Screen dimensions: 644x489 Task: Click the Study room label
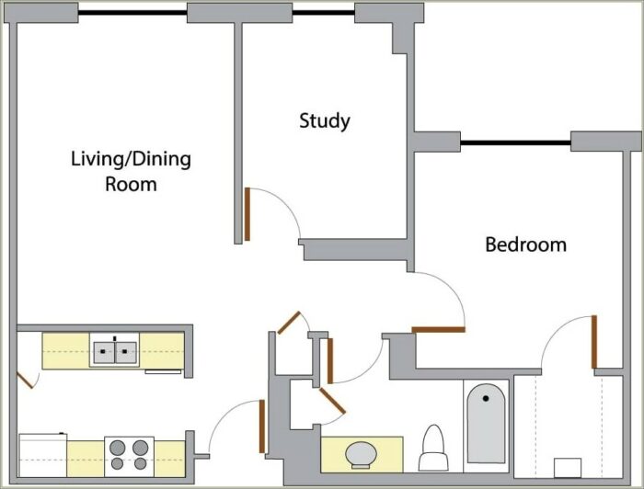pos(325,121)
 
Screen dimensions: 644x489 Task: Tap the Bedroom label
pos(525,244)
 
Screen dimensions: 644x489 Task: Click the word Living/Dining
pos(131,160)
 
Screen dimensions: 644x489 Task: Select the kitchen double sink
pos(115,350)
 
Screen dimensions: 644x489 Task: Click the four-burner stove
pos(129,456)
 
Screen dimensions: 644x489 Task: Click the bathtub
pos(487,424)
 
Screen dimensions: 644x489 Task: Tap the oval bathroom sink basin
pos(361,455)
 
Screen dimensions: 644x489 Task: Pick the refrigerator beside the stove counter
pos(42,455)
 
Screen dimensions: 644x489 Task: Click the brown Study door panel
pos(247,214)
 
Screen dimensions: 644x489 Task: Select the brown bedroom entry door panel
pos(438,329)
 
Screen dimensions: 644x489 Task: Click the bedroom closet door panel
pos(594,342)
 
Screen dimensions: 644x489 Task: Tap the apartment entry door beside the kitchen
pos(261,426)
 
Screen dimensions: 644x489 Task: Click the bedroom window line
pos(515,142)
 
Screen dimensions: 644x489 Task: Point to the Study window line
pos(324,13)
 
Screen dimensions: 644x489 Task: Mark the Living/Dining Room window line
pos(132,13)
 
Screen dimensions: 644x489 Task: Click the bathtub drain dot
pos(486,398)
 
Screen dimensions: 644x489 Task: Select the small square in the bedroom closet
pos(568,468)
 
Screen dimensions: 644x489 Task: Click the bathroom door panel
pos(330,360)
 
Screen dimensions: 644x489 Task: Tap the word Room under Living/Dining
pos(131,185)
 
